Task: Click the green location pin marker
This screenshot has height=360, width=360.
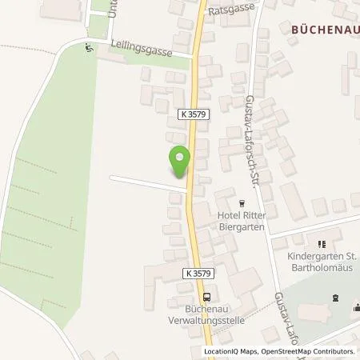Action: click(x=181, y=158)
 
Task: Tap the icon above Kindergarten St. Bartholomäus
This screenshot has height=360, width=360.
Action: click(x=322, y=243)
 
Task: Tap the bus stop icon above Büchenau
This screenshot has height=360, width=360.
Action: click(x=206, y=296)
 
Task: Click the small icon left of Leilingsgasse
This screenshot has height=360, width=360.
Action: click(x=88, y=46)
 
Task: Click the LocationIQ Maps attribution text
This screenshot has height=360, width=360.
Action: click(x=232, y=352)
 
